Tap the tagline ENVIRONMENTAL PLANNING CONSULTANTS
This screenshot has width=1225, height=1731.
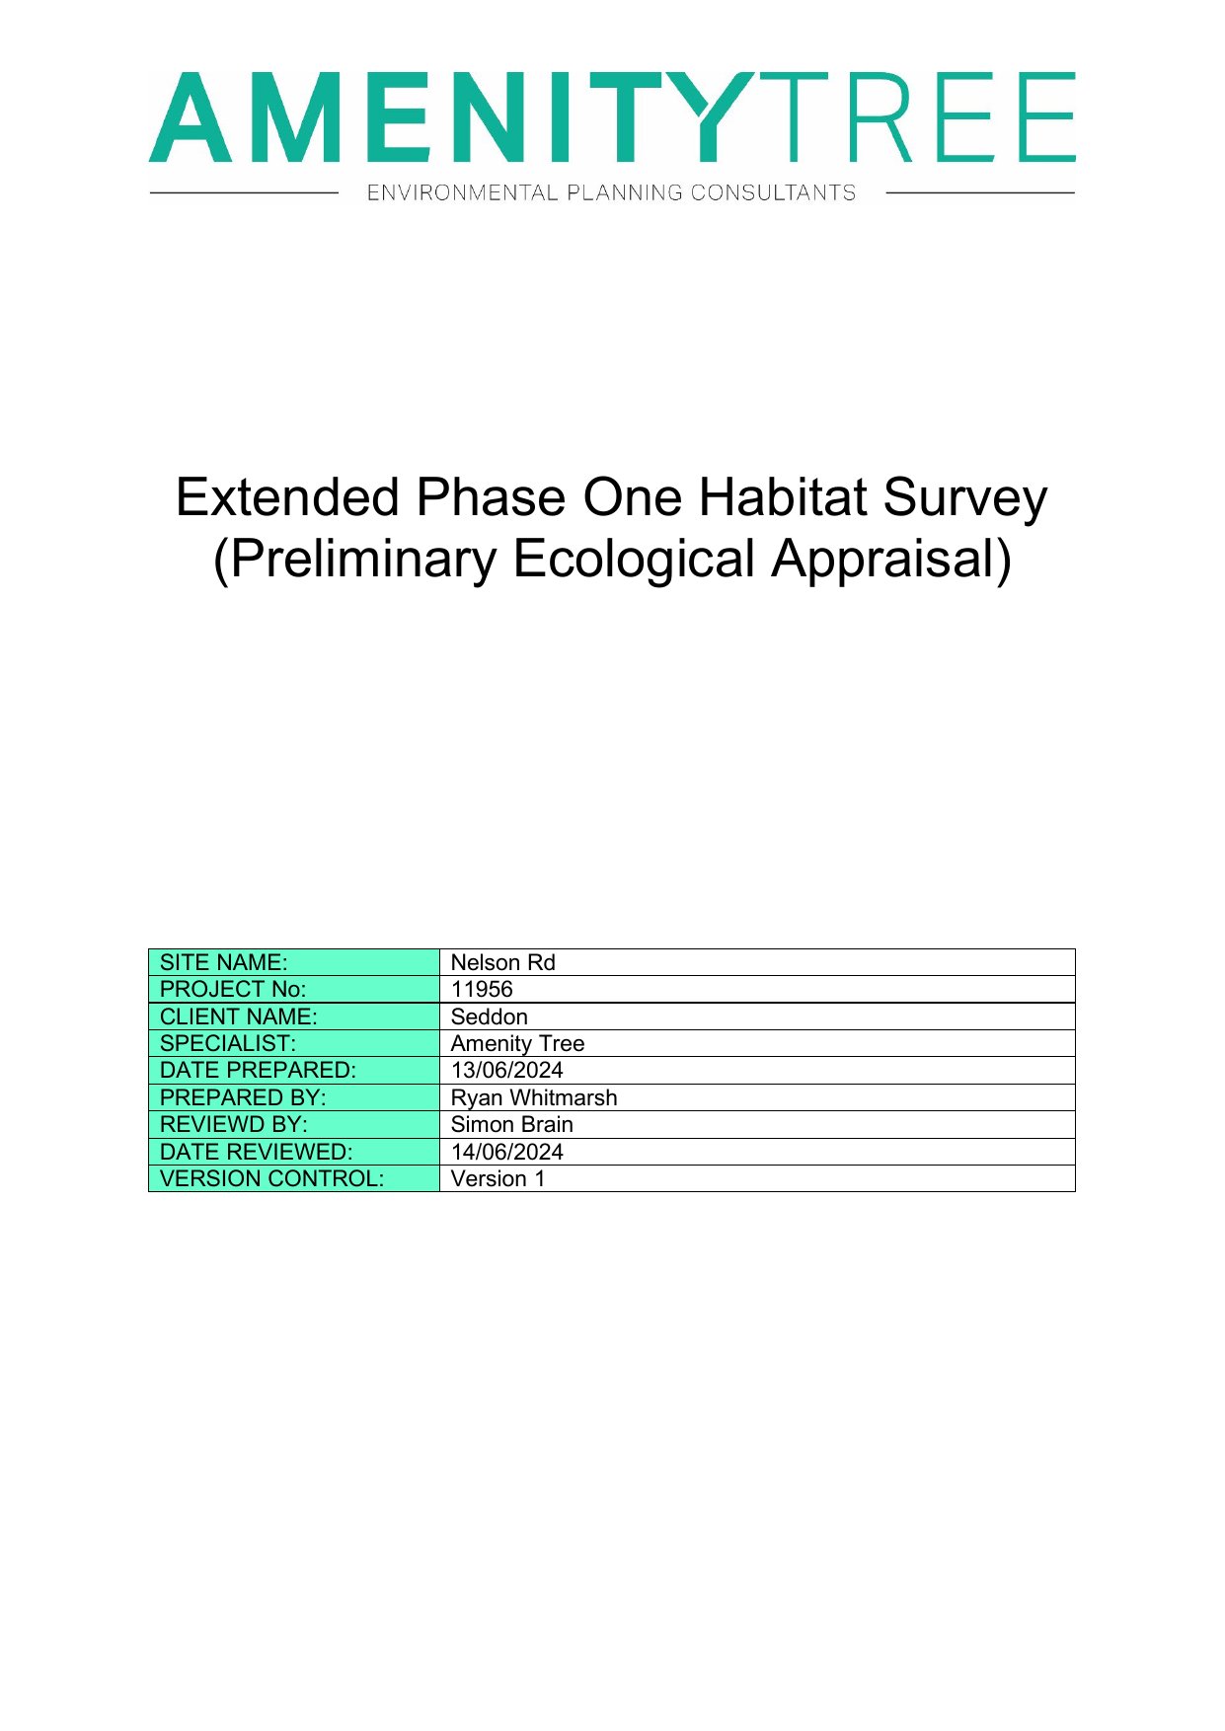pos(611,192)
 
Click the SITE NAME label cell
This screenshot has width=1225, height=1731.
pos(294,962)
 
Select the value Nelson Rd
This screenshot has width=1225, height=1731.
pos(502,962)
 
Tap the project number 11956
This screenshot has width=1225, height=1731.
pos(482,989)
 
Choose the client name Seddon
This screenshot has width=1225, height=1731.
pos(489,1016)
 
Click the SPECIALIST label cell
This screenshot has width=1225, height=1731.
pos(294,1043)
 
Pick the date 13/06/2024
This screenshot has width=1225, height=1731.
pos(506,1070)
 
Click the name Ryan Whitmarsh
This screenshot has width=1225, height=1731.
pos(533,1097)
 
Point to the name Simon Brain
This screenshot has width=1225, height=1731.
pos(511,1124)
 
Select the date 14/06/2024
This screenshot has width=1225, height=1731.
pos(506,1152)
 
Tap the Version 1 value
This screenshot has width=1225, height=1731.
pos(498,1178)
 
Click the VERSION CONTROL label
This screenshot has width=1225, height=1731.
pos(271,1178)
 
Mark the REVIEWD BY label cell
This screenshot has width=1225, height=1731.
pos(294,1124)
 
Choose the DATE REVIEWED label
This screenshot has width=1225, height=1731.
pos(256,1152)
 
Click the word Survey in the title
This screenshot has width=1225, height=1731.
pos(964,498)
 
